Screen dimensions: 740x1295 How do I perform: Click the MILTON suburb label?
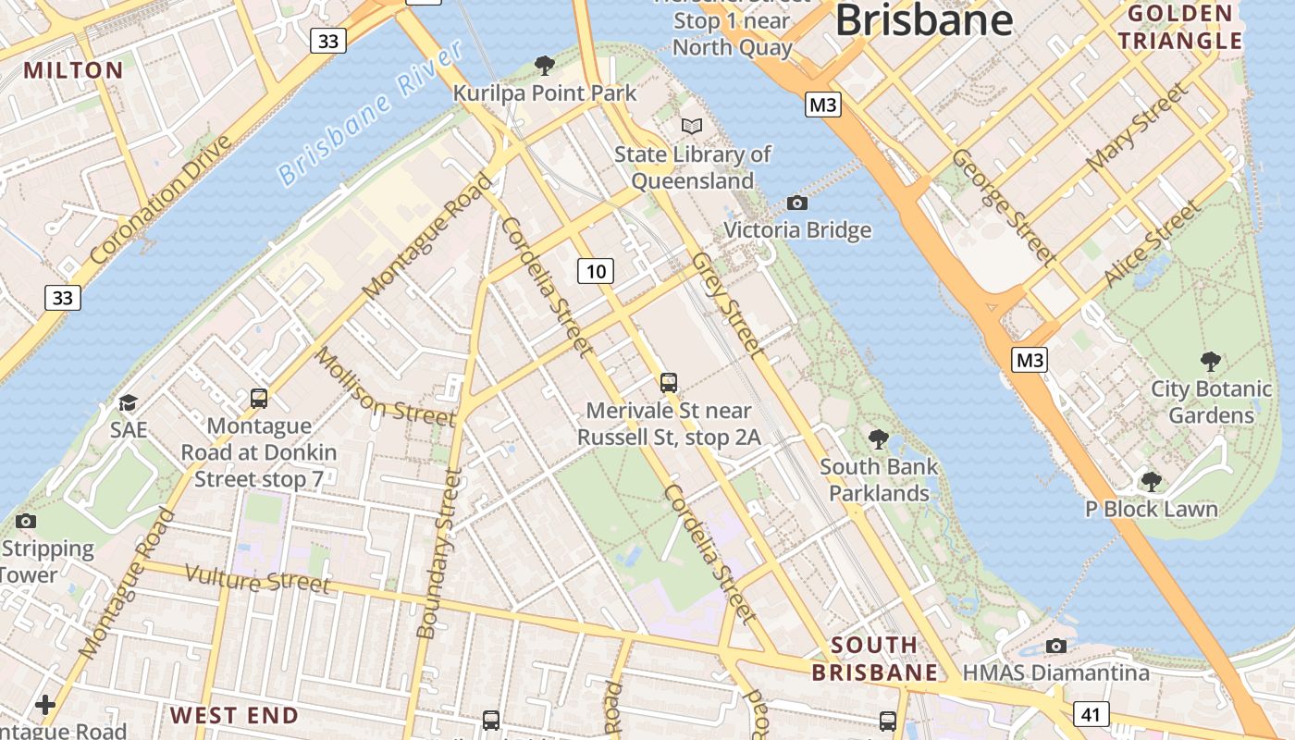click(x=73, y=70)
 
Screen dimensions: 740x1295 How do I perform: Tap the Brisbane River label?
click(x=370, y=114)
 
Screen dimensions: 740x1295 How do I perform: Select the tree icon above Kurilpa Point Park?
click(x=545, y=65)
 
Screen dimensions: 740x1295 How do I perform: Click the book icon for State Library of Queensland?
click(x=692, y=126)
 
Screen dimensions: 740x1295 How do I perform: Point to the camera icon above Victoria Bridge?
click(x=796, y=203)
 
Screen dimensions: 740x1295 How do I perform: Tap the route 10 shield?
click(x=596, y=271)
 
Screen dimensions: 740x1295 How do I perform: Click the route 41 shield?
click(x=1091, y=713)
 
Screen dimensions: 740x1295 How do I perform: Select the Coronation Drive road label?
click(x=161, y=201)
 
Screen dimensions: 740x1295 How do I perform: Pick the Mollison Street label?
click(x=386, y=387)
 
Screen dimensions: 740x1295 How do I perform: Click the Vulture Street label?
click(x=257, y=579)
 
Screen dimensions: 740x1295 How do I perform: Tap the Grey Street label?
click(x=730, y=305)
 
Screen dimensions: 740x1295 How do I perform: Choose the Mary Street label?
click(x=1136, y=127)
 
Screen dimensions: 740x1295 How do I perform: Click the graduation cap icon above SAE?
click(x=128, y=402)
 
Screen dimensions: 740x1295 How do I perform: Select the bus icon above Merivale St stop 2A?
click(x=668, y=382)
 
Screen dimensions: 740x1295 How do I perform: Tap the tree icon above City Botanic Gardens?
click(x=1210, y=362)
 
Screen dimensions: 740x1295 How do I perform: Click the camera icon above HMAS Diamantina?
click(x=1055, y=646)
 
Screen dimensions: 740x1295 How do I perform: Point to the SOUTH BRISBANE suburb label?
click(x=875, y=659)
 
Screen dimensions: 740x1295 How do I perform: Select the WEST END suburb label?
click(x=234, y=715)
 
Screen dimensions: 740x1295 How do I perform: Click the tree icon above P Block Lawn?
click(x=1151, y=481)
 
